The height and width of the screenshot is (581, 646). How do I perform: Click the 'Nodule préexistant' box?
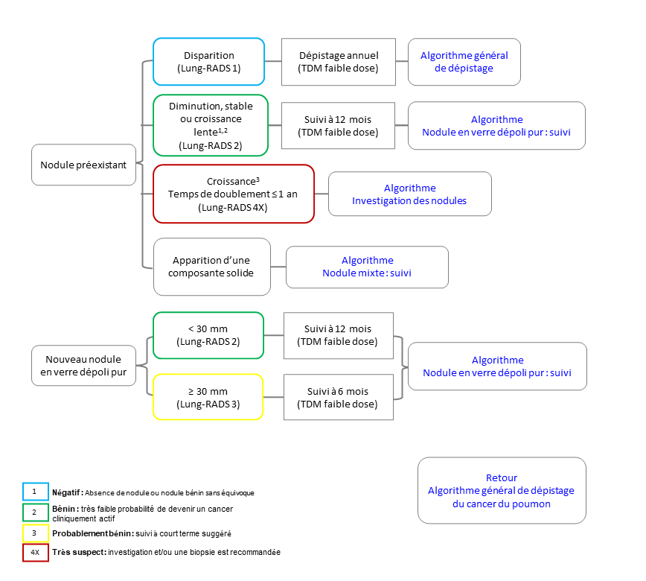[83, 165]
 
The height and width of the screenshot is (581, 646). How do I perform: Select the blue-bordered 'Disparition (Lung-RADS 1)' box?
[209, 61]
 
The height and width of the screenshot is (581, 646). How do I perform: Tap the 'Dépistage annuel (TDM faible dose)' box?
[338, 62]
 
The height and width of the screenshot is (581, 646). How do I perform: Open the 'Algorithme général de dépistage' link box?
[464, 62]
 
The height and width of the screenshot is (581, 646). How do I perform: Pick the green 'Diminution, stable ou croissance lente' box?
[211, 125]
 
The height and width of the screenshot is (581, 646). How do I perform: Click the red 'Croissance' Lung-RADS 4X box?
[234, 194]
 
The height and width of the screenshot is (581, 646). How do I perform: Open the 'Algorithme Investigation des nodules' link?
[410, 194]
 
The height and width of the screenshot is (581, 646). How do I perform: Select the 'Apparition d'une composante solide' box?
[212, 267]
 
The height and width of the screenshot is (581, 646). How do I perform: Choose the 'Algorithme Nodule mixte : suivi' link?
[367, 267]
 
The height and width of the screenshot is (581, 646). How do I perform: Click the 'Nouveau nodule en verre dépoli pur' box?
[83, 365]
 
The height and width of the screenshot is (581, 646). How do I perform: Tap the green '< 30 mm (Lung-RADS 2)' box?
[208, 335]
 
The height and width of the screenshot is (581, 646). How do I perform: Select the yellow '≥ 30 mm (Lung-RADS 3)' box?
[208, 397]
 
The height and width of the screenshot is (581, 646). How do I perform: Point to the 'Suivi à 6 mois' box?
[338, 397]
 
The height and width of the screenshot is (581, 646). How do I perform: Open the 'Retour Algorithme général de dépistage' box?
[502, 490]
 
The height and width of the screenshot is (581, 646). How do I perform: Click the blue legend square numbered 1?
[36, 492]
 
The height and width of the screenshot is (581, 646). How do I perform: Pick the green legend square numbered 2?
[36, 512]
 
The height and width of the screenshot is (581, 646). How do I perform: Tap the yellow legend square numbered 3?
[36, 533]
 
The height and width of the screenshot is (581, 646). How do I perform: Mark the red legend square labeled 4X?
[36, 553]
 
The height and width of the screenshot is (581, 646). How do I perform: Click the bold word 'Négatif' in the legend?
[67, 493]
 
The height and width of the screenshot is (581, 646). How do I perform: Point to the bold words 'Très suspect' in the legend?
[79, 552]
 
